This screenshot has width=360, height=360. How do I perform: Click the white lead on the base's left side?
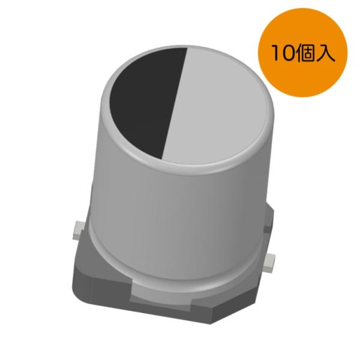tap(77, 228)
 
